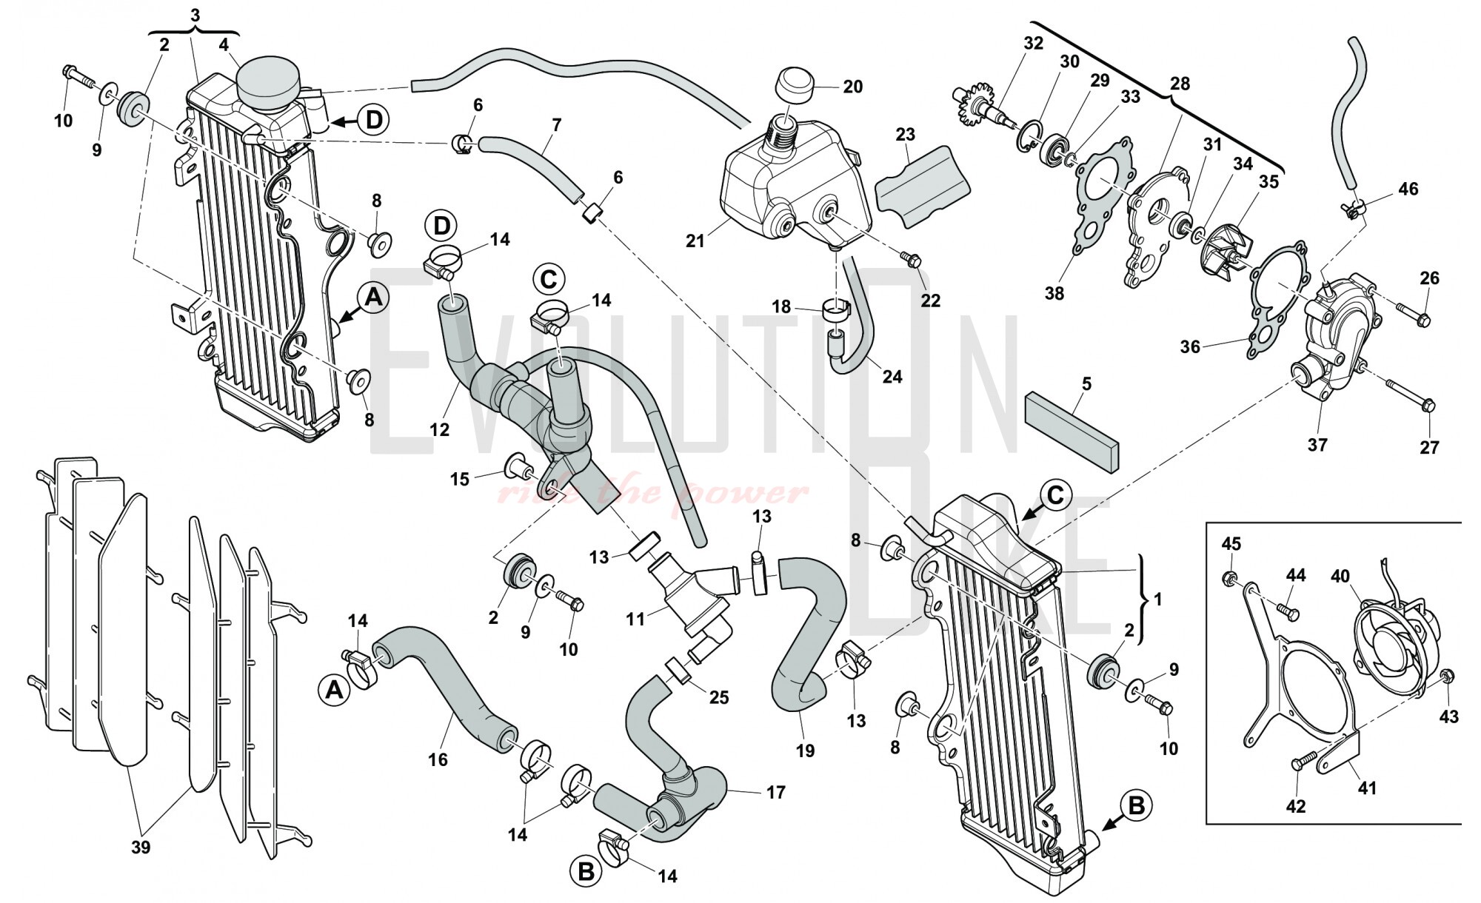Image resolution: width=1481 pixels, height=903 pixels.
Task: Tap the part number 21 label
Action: (x=695, y=241)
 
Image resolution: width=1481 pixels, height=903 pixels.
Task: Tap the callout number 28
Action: (x=1180, y=84)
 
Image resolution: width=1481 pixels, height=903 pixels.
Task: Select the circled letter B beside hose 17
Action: (x=586, y=873)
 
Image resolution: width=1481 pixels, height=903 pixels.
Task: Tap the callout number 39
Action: (x=140, y=847)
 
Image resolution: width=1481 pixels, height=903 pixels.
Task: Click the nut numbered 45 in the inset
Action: (x=1227, y=576)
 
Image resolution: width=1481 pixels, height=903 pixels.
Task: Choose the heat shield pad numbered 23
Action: (x=922, y=183)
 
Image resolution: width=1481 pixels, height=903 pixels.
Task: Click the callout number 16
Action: (x=438, y=759)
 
